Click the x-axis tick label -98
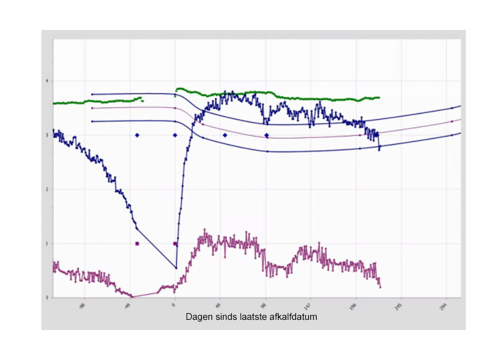point(83,304)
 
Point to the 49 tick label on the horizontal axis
point(220,304)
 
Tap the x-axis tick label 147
point(310,305)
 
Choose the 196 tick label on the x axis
point(355,305)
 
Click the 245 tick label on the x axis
point(401,305)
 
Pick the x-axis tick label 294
point(446,305)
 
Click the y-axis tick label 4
point(48,81)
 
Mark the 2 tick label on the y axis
point(48,189)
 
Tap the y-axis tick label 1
point(48,243)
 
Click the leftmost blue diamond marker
point(137,135)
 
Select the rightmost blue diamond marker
point(266,135)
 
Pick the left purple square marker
point(137,244)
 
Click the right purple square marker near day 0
point(175,244)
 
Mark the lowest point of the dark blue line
point(175,268)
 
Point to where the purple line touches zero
point(133,297)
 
